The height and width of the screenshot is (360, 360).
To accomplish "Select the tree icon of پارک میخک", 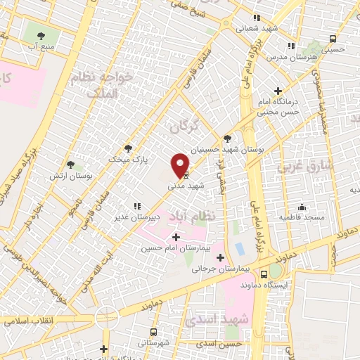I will pyautogui.click(x=128, y=148).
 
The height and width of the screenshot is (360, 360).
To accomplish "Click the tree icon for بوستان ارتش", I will pyautogui.click(x=70, y=164).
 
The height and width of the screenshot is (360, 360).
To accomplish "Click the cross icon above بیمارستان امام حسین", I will pyautogui.click(x=175, y=237).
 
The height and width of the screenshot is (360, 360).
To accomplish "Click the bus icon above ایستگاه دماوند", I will pyautogui.click(x=264, y=274).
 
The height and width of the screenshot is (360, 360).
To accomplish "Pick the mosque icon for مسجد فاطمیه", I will pyautogui.click(x=302, y=207).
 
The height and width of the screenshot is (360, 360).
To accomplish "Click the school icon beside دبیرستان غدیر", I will pyautogui.click(x=137, y=206).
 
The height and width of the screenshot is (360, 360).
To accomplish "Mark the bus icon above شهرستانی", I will pyautogui.click(x=153, y=331).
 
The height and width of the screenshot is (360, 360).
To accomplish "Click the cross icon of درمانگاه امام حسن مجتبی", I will pyautogui.click(x=279, y=91).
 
